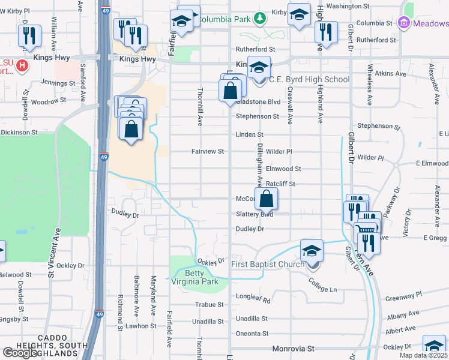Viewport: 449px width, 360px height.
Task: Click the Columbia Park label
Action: (x=224, y=19)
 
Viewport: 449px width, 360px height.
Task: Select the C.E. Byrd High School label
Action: (x=309, y=79)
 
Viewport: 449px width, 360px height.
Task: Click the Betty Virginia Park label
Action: (x=201, y=277)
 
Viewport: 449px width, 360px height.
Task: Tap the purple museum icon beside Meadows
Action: (x=403, y=23)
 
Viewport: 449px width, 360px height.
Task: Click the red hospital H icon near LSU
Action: (x=22, y=65)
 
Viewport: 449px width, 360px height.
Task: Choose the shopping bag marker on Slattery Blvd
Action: (x=268, y=199)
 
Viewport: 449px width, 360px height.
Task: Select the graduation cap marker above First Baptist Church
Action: (x=312, y=251)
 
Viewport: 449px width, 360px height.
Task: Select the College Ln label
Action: (x=322, y=285)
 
